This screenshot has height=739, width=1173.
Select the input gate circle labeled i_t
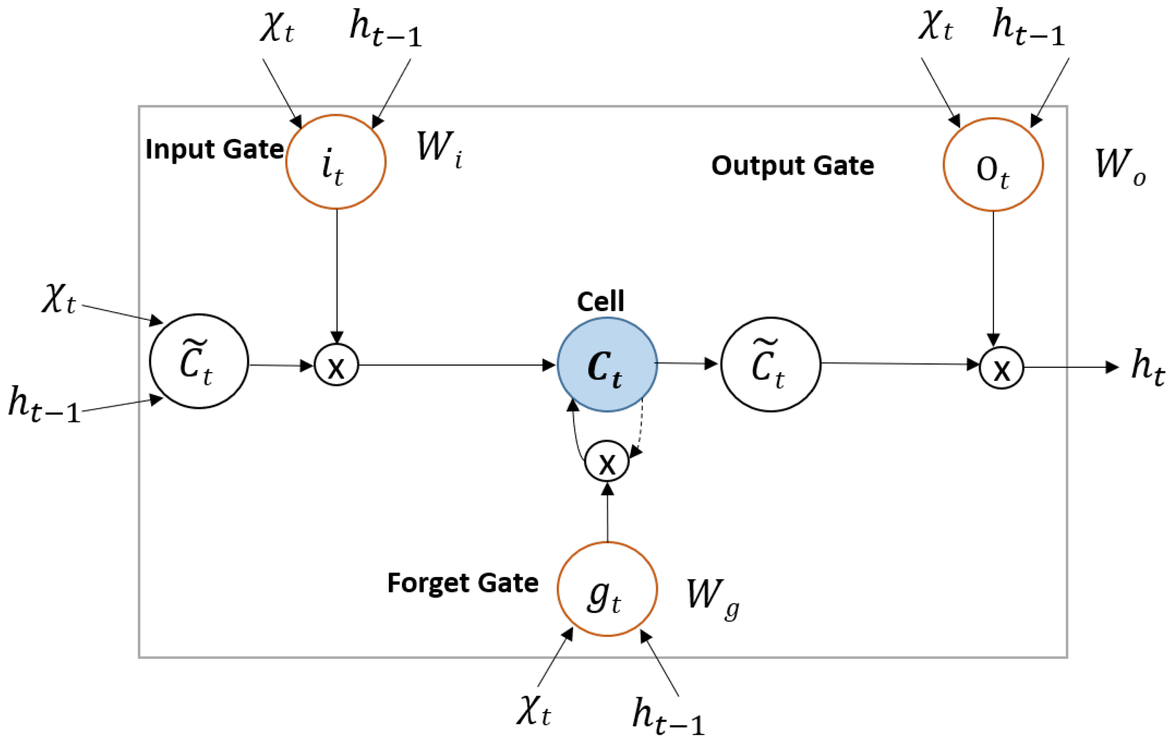click(x=336, y=162)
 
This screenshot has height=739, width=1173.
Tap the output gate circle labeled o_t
click(x=993, y=165)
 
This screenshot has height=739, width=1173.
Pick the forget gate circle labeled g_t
click(x=607, y=589)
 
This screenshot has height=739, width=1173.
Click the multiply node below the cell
click(x=607, y=461)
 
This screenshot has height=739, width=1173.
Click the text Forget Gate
click(x=462, y=583)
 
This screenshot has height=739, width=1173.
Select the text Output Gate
click(x=792, y=165)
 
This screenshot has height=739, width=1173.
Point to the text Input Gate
click(x=214, y=149)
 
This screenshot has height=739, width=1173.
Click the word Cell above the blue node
click(x=600, y=301)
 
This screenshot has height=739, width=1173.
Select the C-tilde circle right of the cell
click(x=771, y=364)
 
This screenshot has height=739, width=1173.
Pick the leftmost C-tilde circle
click(x=199, y=361)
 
